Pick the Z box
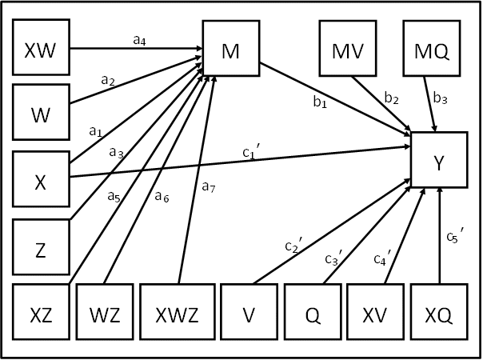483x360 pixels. [40, 247]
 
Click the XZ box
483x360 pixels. [40, 314]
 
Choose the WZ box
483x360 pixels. [104, 314]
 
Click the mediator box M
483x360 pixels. [231, 50]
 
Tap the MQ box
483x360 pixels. [430, 50]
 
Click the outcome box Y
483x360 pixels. [438, 161]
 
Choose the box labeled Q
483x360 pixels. [312, 314]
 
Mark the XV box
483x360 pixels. [375, 314]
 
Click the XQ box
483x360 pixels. [439, 314]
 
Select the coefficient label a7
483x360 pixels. [209, 187]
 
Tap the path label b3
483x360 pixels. [439, 98]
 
